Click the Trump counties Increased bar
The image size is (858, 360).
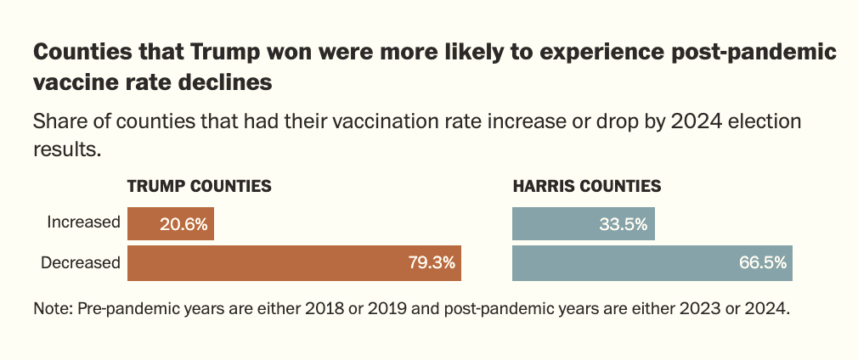pyautogui.click(x=170, y=223)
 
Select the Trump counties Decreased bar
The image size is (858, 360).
pyautogui.click(x=294, y=263)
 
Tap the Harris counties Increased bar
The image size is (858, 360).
pyautogui.click(x=583, y=223)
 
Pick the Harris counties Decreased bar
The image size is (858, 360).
pyautogui.click(x=652, y=263)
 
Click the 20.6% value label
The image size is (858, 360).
pyautogui.click(x=183, y=224)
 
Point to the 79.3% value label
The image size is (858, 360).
pyautogui.click(x=431, y=263)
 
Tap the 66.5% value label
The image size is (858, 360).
pyautogui.click(x=762, y=263)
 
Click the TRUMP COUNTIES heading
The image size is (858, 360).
pyautogui.click(x=199, y=186)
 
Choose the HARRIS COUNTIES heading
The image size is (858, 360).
pyautogui.click(x=587, y=186)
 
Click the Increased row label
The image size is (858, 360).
pyautogui.click(x=84, y=223)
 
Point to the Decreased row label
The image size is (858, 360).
pyautogui.click(x=81, y=263)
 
